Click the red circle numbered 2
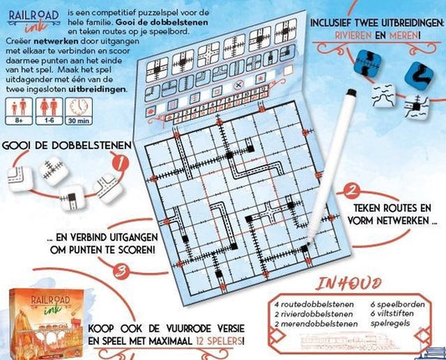[x=352, y=192]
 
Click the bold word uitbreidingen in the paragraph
[x=100, y=88]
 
